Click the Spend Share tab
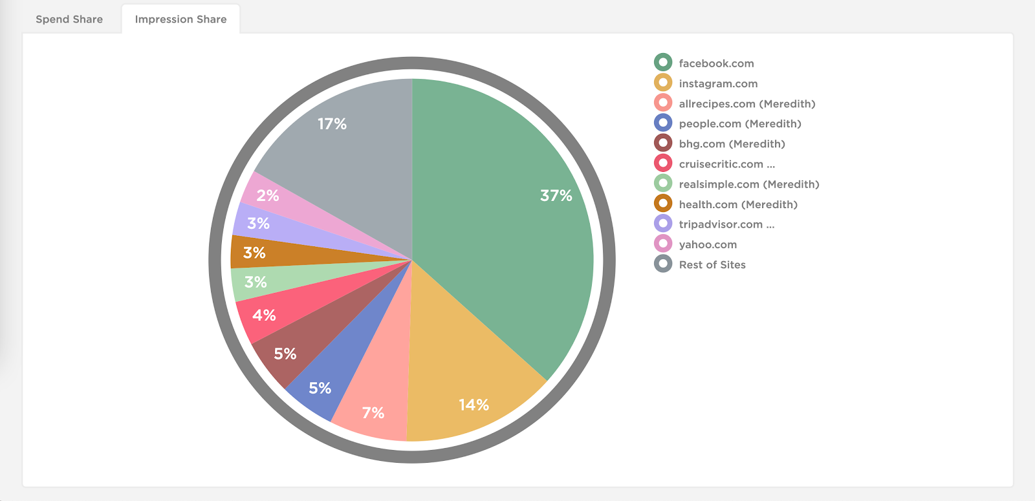coord(69,19)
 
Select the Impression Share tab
coord(180,19)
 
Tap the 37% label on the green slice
coord(556,195)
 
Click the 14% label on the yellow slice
coord(474,405)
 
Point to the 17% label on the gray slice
coord(332,123)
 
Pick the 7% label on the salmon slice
coord(373,412)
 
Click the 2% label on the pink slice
coord(267,195)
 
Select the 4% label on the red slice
coord(264,315)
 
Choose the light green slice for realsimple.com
coord(291,278)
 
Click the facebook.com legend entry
coord(716,63)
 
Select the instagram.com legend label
coord(718,83)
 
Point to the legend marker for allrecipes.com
coord(663,103)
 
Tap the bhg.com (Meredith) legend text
coord(732,144)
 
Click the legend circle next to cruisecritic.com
coord(663,163)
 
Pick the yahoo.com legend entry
coord(708,244)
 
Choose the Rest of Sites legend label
coord(712,264)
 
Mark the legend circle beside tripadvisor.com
coord(663,224)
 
